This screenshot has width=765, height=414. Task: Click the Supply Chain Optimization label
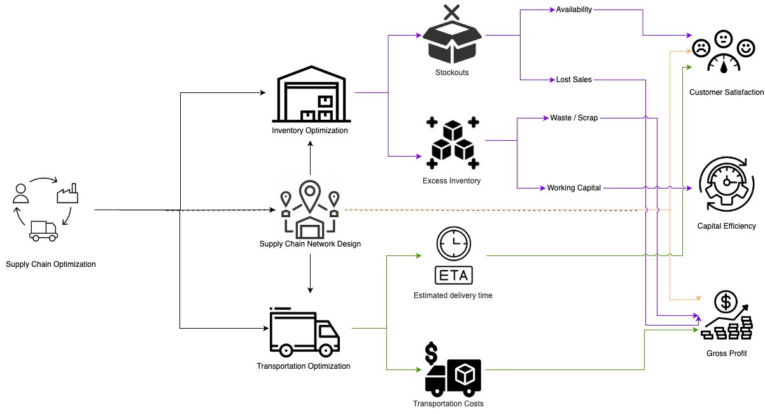pos(51,264)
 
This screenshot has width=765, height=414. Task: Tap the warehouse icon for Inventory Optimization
pos(311,97)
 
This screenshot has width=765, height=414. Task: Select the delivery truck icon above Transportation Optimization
pos(304,333)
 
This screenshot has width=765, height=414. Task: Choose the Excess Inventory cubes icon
pos(453,145)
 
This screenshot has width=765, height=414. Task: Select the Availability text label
pos(574,10)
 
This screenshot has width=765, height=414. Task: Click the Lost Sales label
pos(574,80)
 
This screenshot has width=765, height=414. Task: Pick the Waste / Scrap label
pos(574,118)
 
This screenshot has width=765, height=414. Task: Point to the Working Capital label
pos(574,188)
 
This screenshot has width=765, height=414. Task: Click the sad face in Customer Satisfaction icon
pos(701,47)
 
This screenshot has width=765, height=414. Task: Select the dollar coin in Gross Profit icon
pos(726,300)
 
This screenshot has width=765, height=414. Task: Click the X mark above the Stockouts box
pos(451,11)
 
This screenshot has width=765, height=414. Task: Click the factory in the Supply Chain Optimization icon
pos(67,193)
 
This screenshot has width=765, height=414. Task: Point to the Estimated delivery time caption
pos(453,296)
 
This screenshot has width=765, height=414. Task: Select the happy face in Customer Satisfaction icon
pos(745,47)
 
